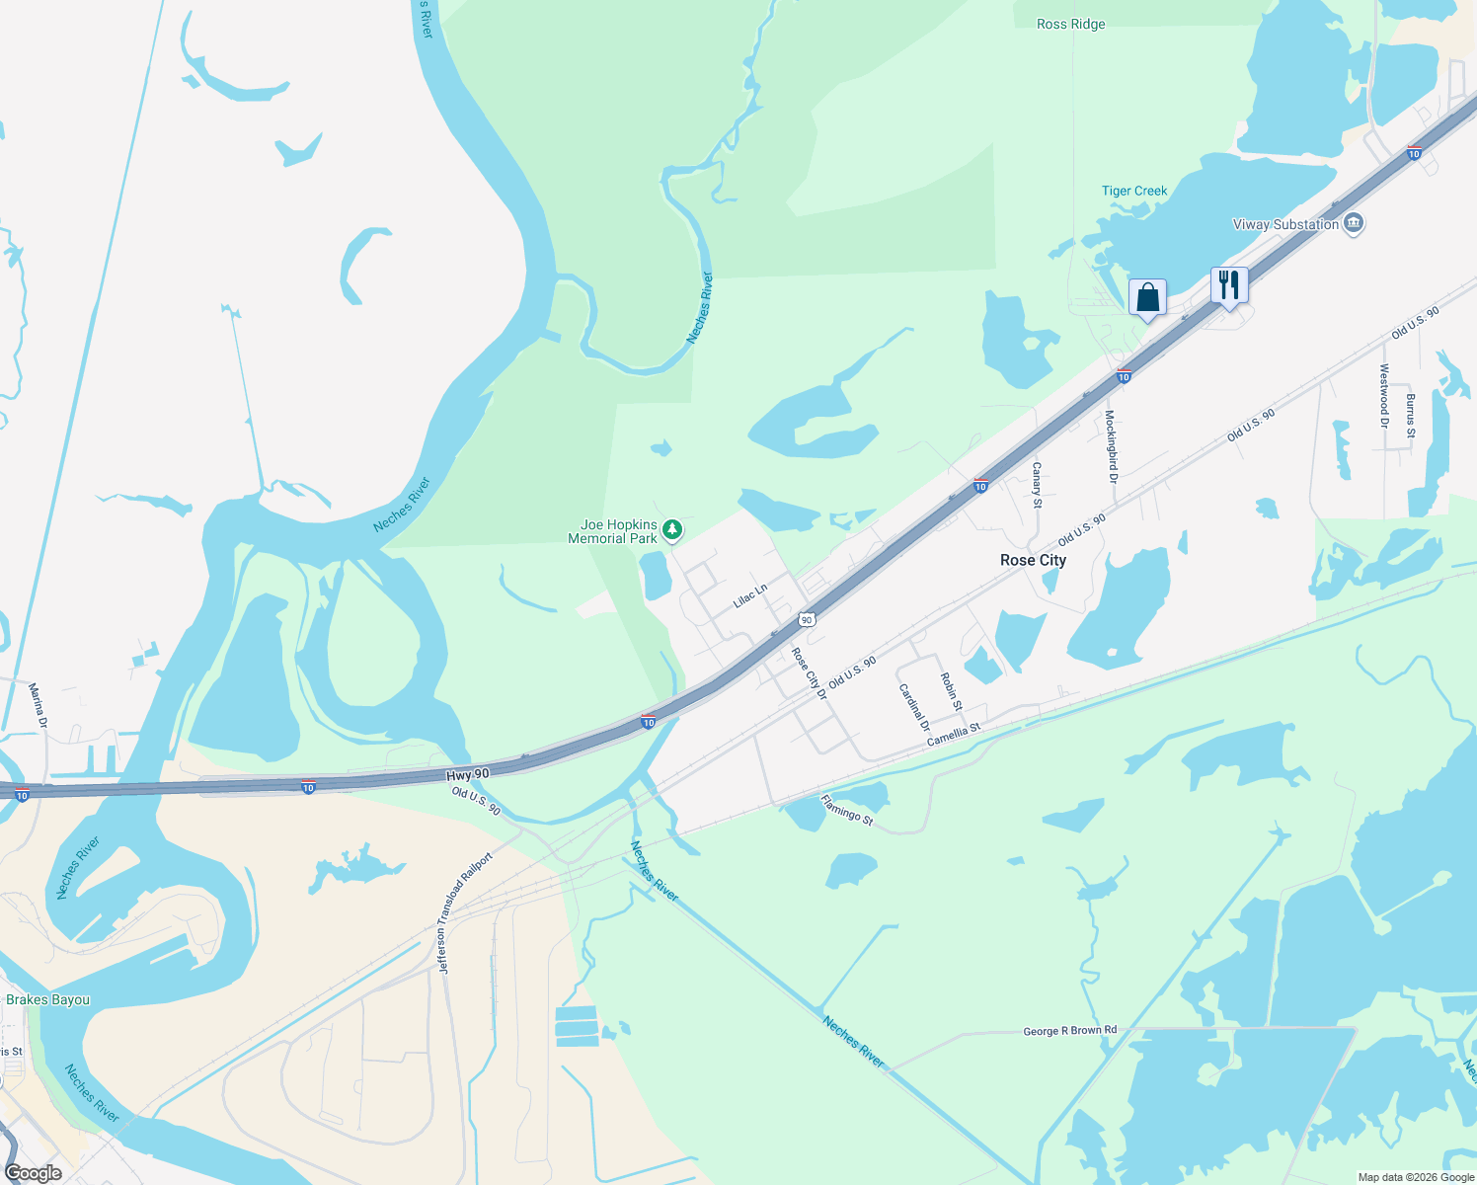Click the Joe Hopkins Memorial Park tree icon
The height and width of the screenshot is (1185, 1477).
(672, 531)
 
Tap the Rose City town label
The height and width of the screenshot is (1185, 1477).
(1033, 560)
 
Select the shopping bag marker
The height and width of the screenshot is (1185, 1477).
(1147, 297)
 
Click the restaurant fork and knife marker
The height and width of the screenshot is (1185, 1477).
(1229, 285)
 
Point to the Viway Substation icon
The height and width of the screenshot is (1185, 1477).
(1354, 224)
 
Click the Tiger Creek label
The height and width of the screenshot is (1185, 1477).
(1134, 191)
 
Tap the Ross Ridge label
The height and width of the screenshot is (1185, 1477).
(1071, 24)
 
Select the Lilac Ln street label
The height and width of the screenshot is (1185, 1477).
(750, 596)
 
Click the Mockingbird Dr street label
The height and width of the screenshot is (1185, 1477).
(1111, 445)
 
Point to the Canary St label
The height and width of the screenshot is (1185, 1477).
(1037, 485)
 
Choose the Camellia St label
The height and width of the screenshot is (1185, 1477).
(954, 734)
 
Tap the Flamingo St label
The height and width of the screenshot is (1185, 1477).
(847, 811)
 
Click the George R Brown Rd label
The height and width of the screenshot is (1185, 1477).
(1070, 1031)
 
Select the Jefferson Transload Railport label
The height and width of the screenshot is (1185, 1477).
(465, 913)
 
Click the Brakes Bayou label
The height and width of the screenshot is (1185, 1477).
(47, 999)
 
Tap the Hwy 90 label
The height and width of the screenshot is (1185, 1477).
(467, 776)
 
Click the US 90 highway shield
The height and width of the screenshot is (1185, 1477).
(808, 620)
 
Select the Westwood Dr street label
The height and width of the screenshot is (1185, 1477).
(1384, 396)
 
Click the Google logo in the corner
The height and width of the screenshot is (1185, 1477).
(34, 1173)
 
